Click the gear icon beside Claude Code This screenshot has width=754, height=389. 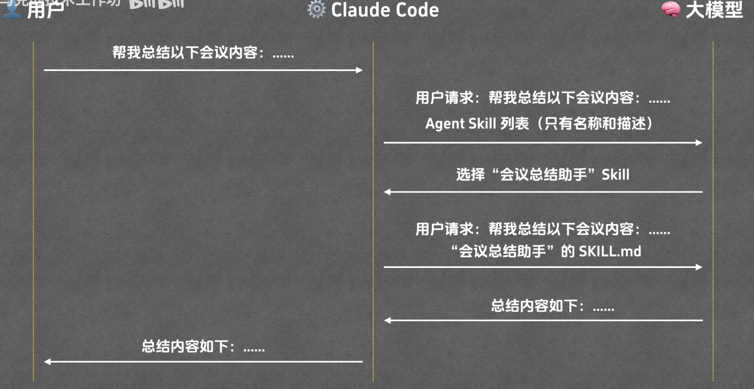pyautogui.click(x=316, y=9)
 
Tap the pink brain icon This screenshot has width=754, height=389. pyautogui.click(x=671, y=9)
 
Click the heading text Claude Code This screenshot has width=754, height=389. pyautogui.click(x=385, y=10)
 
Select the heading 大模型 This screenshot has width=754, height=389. pyautogui.click(x=714, y=10)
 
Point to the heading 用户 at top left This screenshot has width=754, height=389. pyautogui.click(x=45, y=10)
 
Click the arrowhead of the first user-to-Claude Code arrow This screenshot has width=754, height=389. pyautogui.click(x=359, y=70)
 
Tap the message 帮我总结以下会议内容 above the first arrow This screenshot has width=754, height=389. pyautogui.click(x=203, y=53)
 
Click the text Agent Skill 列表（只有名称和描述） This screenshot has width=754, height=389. pyautogui.click(x=539, y=123)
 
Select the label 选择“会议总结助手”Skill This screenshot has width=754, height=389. pyautogui.click(x=542, y=175)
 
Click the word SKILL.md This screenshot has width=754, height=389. pyautogui.click(x=610, y=251)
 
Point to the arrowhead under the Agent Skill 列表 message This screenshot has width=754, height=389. pyautogui.click(x=699, y=143)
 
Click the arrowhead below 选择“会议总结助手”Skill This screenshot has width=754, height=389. pyautogui.click(x=387, y=192)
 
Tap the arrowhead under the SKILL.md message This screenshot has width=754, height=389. pyautogui.click(x=699, y=267)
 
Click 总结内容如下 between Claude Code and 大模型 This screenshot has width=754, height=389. pyautogui.click(x=552, y=306)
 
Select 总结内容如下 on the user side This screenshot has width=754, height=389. pyautogui.click(x=203, y=346)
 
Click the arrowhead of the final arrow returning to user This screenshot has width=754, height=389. pyautogui.click(x=47, y=362)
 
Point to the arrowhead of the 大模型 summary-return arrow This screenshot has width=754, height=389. pyautogui.click(x=387, y=321)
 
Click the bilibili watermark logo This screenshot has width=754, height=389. pyautogui.click(x=156, y=4)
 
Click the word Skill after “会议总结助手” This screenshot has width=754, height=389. pyautogui.click(x=615, y=175)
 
